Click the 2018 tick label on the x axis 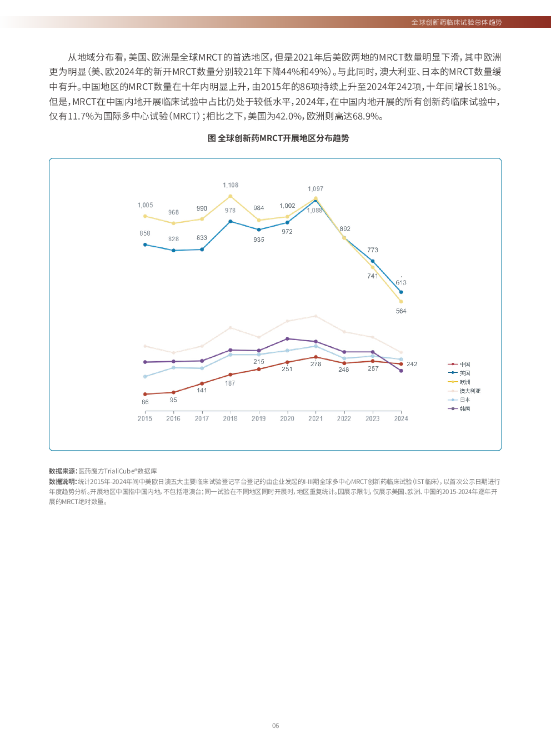(x=230, y=418)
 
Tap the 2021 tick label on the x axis (x=315, y=418)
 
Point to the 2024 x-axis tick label (x=401, y=418)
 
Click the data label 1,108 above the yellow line (x=231, y=185)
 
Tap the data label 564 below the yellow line (x=401, y=311)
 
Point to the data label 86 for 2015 (x=145, y=402)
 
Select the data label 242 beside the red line (x=412, y=364)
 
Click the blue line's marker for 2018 (x=231, y=221)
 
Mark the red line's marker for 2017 (x=202, y=383)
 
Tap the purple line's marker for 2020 (x=287, y=338)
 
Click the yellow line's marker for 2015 (x=145, y=216)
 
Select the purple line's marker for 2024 (x=401, y=371)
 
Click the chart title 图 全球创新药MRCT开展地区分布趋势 (x=278, y=138)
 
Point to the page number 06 (x=275, y=726)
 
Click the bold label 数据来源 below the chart (x=62, y=471)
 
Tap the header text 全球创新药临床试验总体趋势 (x=457, y=22)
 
